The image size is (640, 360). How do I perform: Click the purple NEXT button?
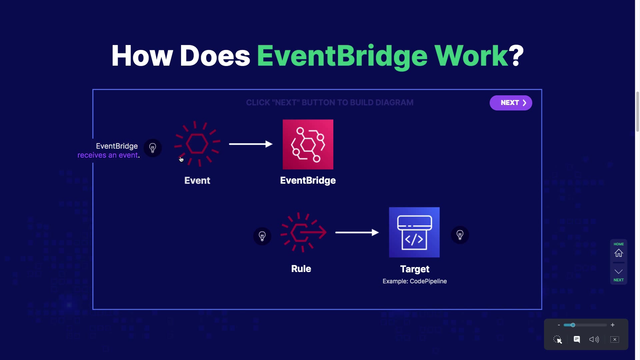click(510, 103)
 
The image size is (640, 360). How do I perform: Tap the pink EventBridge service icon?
click(308, 144)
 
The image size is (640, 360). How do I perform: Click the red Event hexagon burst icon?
click(197, 144)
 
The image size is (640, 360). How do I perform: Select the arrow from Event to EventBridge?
click(251, 144)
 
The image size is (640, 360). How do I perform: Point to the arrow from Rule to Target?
click(357, 232)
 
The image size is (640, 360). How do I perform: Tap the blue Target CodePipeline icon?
click(414, 232)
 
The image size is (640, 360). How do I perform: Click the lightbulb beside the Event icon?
click(153, 148)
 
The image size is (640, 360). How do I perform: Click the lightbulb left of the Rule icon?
click(262, 236)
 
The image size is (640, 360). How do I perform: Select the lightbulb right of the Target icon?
click(460, 235)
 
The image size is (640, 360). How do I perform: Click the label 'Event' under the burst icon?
click(197, 180)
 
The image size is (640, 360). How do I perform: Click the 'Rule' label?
click(301, 269)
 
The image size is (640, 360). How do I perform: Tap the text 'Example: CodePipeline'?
click(414, 281)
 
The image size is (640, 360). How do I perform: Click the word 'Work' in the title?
click(471, 56)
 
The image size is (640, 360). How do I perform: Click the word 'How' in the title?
click(142, 56)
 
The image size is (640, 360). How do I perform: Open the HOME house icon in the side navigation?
click(618, 253)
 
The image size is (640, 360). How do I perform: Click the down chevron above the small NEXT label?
click(618, 272)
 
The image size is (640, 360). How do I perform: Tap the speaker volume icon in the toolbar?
click(594, 339)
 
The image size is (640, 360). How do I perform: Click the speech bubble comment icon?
click(577, 339)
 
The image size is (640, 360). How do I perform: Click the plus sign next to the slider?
click(612, 325)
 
